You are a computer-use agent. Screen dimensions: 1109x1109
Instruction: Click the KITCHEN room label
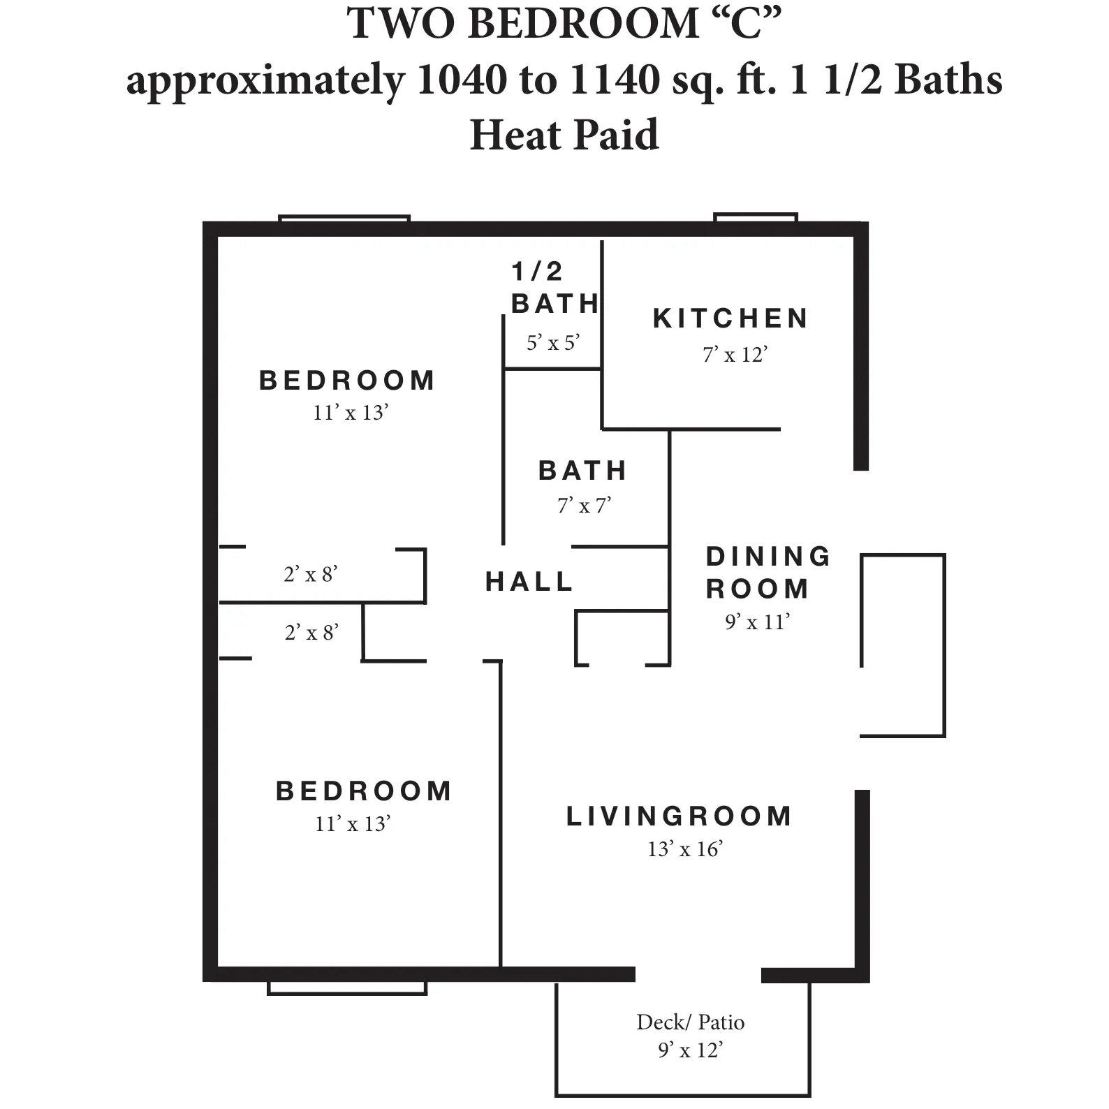(730, 318)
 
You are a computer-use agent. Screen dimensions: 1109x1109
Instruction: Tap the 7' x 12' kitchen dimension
(735, 355)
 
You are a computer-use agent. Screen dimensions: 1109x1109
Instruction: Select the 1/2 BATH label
(554, 288)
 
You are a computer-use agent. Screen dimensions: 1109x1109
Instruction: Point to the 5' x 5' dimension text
(553, 343)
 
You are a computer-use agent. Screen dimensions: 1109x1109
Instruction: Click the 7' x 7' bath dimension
(584, 505)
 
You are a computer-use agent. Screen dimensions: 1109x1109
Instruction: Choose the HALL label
(529, 581)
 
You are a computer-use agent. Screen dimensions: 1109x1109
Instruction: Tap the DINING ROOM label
(768, 573)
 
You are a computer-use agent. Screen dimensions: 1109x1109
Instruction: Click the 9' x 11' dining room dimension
(757, 622)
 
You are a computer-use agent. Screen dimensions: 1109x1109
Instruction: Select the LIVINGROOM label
(679, 816)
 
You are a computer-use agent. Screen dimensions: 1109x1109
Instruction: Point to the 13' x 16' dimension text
(684, 849)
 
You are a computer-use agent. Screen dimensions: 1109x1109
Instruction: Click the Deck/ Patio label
(690, 1022)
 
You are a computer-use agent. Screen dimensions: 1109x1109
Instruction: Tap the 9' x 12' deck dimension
(690, 1050)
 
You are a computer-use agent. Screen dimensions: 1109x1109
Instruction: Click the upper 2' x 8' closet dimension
(311, 574)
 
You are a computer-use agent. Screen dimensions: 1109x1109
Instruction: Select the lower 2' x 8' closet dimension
(311, 633)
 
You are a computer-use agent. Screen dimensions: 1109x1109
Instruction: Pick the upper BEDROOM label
(347, 381)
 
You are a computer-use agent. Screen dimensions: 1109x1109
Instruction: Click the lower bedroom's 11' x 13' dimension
(352, 824)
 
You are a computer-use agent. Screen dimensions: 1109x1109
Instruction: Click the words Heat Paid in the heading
(564, 135)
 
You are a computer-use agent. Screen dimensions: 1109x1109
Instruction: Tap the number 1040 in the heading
(461, 80)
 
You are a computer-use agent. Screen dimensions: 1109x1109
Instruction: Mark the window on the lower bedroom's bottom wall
(347, 987)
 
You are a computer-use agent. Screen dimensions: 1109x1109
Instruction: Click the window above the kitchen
(756, 218)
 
